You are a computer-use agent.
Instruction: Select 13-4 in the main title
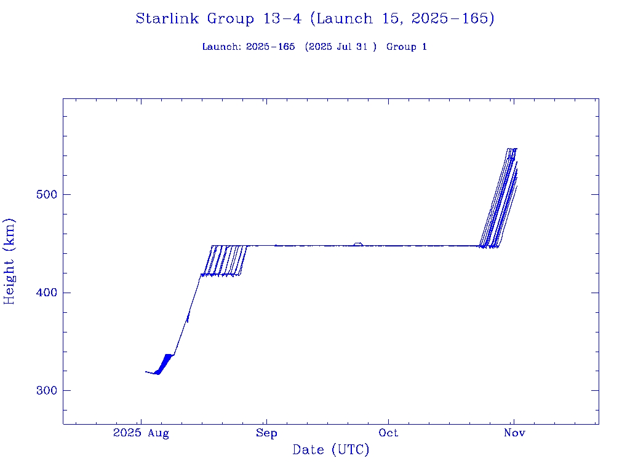[281, 18]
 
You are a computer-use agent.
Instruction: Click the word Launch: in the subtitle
[221, 47]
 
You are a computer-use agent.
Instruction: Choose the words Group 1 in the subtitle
[407, 47]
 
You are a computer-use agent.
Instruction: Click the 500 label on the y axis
[44, 195]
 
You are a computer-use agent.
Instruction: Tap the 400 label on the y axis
[44, 293]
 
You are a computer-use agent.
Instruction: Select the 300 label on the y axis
[44, 391]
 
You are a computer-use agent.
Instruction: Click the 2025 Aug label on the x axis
[141, 433]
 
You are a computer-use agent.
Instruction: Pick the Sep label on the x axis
[266, 433]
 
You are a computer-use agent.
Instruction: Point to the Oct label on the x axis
[388, 433]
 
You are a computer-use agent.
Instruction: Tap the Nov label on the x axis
[514, 433]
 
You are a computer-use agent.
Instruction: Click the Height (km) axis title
[10, 261]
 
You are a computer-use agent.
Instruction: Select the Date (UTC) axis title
[331, 450]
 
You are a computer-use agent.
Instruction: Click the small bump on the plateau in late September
[359, 243]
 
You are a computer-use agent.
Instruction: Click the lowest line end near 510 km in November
[517, 186]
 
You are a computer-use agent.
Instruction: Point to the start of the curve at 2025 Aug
[146, 372]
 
